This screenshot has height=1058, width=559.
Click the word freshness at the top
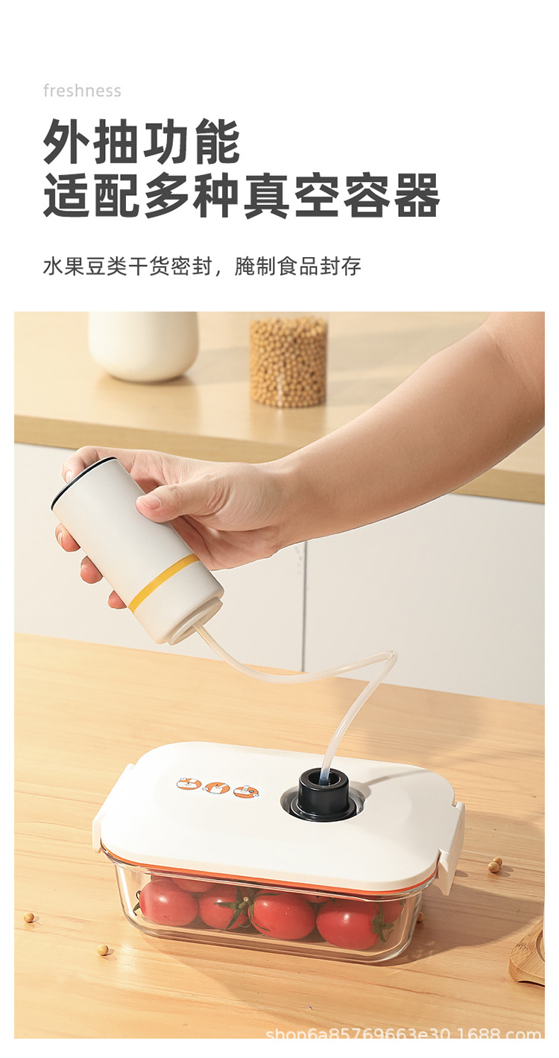(x=82, y=91)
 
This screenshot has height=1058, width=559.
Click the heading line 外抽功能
(x=142, y=142)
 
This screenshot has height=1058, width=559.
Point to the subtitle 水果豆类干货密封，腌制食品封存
(x=202, y=266)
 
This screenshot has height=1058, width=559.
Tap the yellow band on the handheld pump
(x=163, y=583)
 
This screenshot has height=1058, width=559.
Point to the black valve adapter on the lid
(x=323, y=795)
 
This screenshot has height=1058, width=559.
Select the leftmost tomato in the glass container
(x=167, y=902)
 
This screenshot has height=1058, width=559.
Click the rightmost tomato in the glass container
(x=350, y=923)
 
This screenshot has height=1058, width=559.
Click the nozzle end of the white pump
(x=186, y=633)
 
